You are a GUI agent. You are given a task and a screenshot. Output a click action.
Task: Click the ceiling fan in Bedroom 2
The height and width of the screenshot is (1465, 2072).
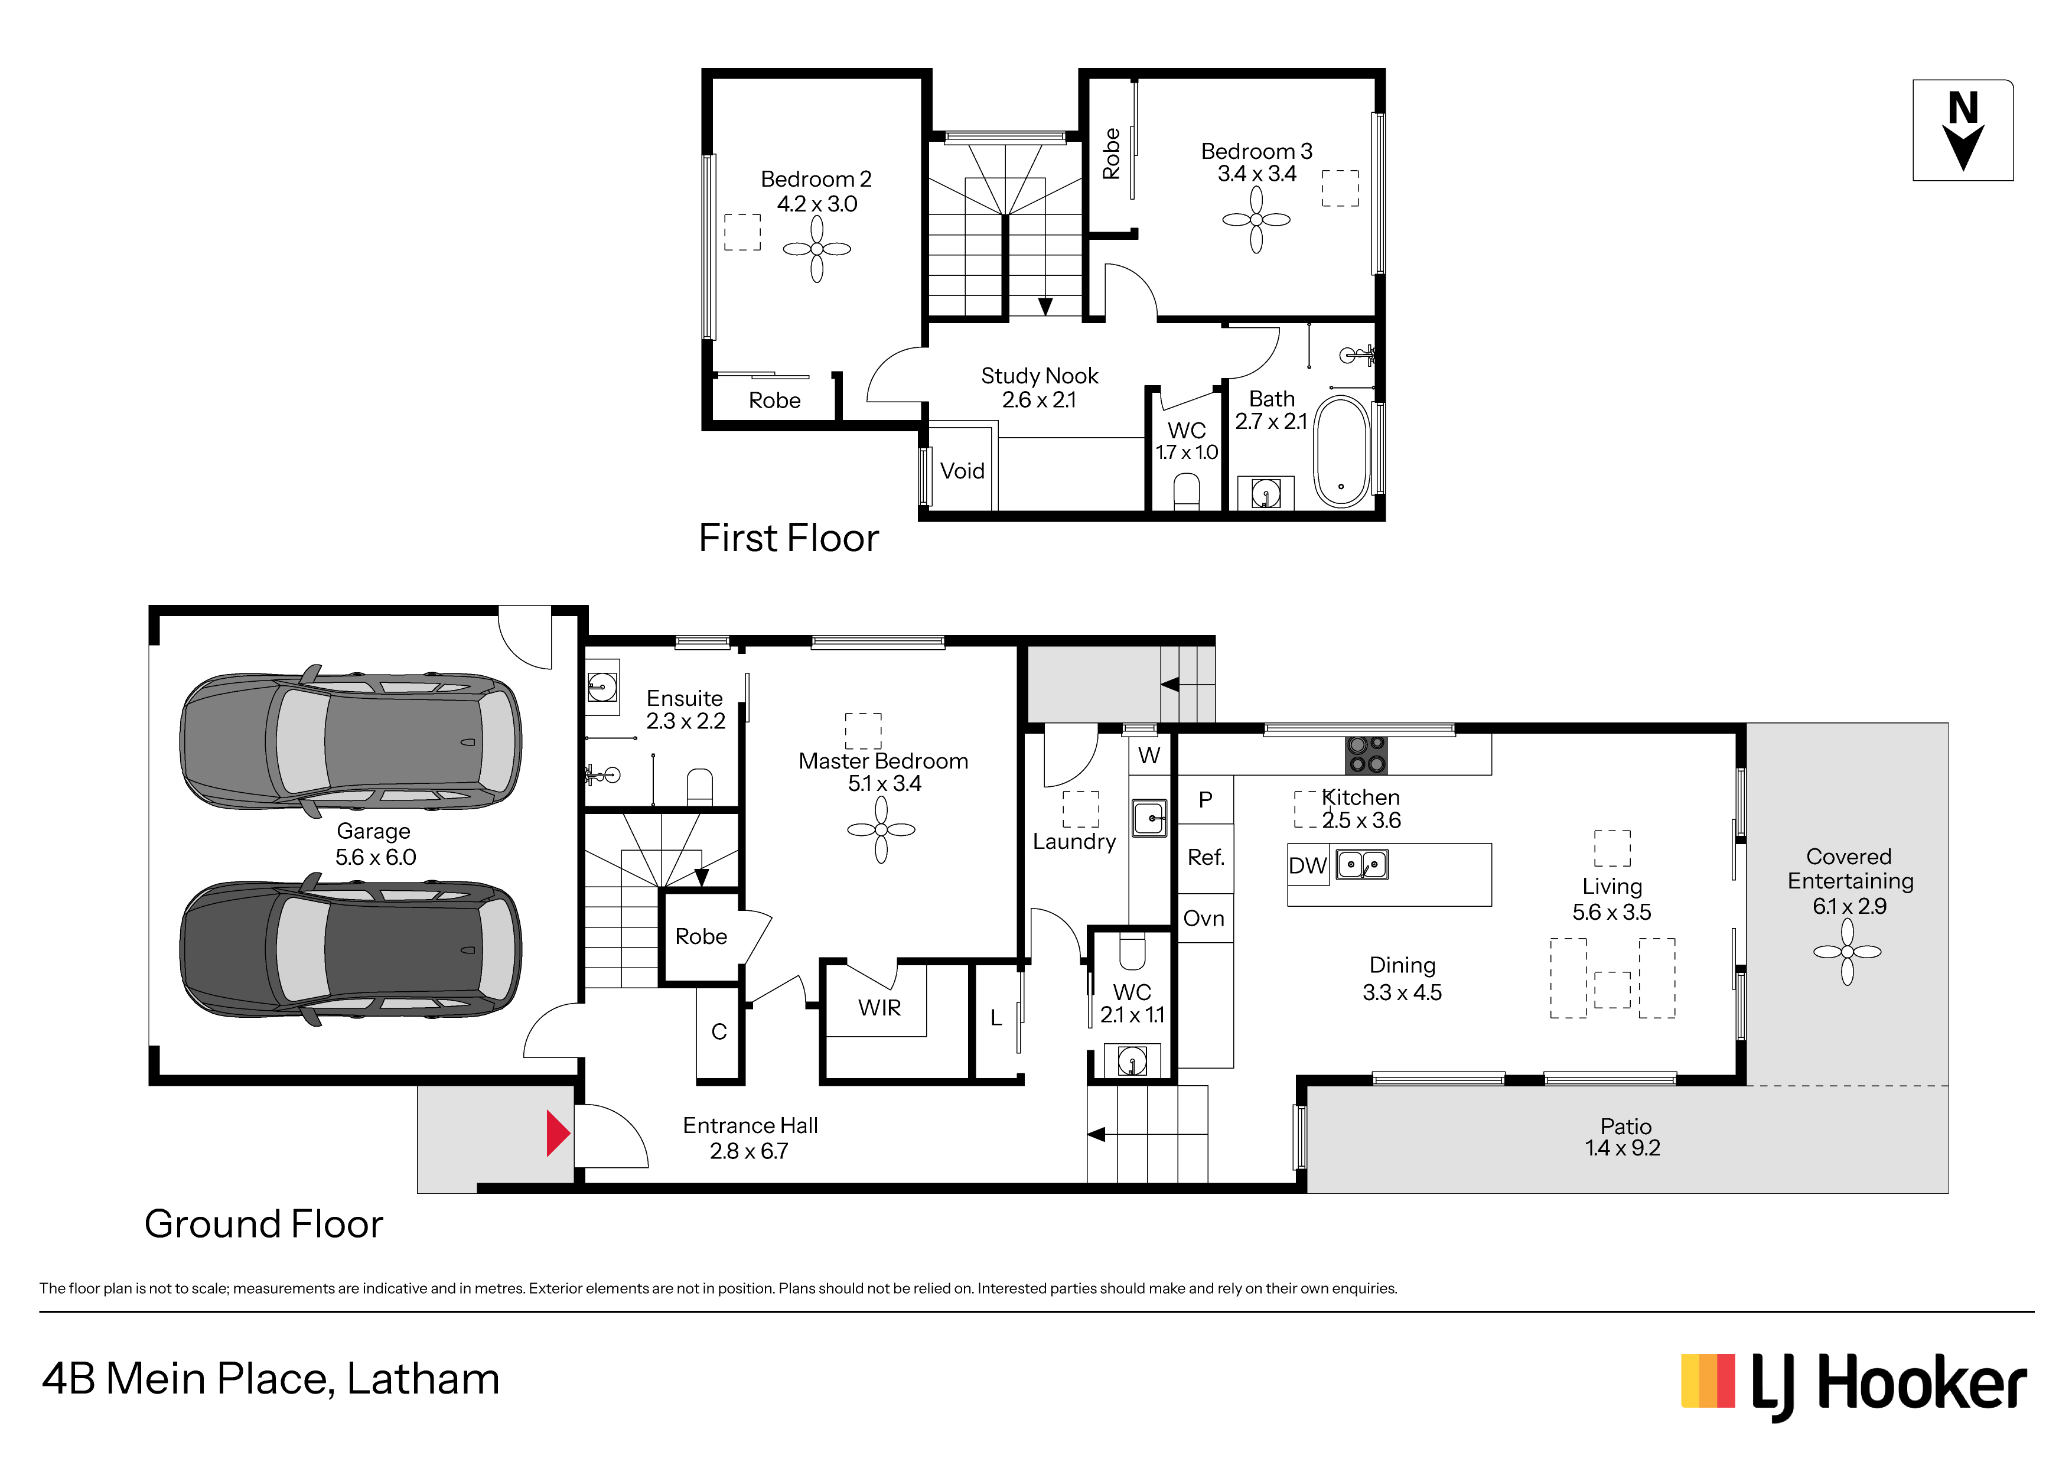[817, 249]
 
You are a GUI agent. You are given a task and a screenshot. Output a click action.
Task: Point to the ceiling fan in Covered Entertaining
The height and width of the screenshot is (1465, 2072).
[1848, 952]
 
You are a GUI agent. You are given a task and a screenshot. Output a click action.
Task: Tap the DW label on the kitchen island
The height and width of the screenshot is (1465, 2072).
[1308, 865]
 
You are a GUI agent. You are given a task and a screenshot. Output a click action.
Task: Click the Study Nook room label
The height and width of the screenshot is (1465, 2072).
[1040, 376]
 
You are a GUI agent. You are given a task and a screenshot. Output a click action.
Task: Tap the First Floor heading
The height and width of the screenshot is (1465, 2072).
[789, 538]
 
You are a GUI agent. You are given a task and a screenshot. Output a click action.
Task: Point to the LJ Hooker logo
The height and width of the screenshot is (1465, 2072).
[1855, 1386]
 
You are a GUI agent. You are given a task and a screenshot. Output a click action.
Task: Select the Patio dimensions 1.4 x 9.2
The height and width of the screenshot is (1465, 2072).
[1623, 1148]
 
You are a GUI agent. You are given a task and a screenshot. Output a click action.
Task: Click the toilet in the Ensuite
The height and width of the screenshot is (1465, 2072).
[699, 786]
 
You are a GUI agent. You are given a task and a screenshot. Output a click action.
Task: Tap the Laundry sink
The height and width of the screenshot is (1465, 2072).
[1150, 818]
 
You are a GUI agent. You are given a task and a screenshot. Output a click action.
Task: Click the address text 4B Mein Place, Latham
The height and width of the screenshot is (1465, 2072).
[271, 1380]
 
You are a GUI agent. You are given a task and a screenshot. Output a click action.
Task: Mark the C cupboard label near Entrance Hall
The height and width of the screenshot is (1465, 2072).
[719, 1032]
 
